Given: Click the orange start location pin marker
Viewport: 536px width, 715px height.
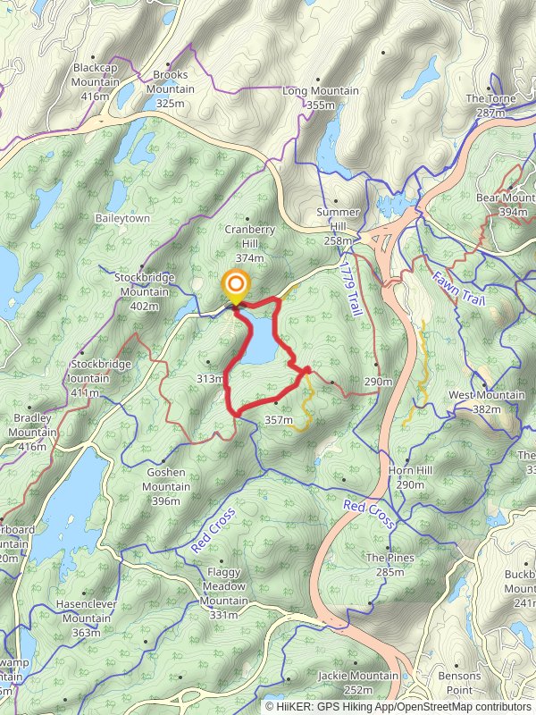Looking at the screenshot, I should (x=236, y=288).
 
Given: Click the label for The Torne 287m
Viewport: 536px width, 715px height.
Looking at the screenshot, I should (x=490, y=105).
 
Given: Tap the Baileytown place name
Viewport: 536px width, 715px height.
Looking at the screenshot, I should (x=122, y=218).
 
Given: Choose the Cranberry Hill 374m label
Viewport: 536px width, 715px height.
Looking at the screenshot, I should (x=245, y=243).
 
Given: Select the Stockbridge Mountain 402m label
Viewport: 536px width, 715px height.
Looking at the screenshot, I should (x=144, y=291).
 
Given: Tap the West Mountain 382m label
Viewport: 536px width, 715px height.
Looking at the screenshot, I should (x=486, y=401).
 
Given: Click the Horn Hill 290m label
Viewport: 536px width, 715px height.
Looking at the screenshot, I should (x=410, y=477).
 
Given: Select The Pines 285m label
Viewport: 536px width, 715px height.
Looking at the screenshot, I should (x=390, y=564).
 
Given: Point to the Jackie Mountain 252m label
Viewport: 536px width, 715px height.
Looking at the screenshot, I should (x=357, y=682).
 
